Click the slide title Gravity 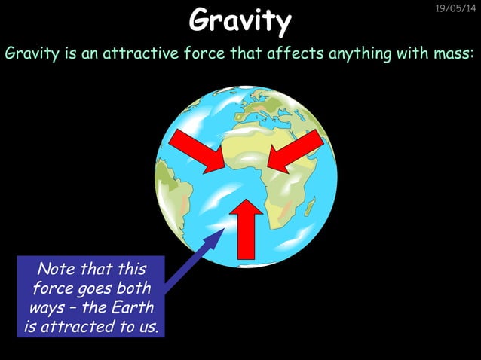pos(240,20)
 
